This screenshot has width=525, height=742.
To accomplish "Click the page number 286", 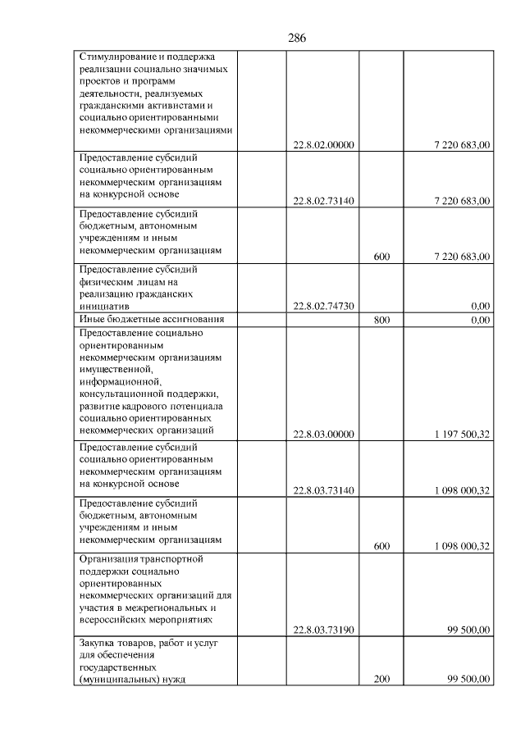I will coord(297,38).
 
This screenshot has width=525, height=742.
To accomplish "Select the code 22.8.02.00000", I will coord(323,145).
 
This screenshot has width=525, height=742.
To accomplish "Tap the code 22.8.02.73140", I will coord(323,201).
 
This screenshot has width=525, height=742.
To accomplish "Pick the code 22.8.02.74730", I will coord(323,306).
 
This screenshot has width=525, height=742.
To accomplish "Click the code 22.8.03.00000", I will coord(323,435).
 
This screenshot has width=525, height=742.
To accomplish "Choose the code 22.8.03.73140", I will coord(323,491).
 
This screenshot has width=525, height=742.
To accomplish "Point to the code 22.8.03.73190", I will coord(323,630).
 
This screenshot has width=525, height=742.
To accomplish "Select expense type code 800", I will coord(381,320).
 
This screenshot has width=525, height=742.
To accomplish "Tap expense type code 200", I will coord(381,680).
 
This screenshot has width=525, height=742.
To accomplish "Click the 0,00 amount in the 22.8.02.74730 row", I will coord(481,306).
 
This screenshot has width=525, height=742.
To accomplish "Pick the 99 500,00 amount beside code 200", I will coord(468,680).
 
